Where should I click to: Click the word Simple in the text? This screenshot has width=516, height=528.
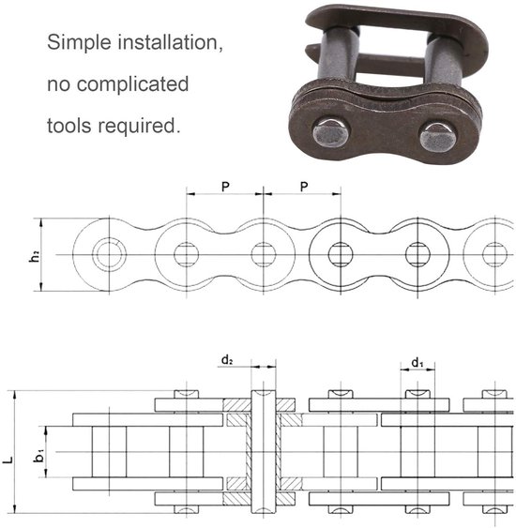coord(79,43)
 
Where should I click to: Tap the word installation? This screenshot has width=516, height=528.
coord(169,43)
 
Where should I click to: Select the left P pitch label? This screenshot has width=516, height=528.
coord(225,187)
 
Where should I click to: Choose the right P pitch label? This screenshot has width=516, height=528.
coord(303,187)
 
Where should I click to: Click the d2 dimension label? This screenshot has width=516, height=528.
coord(227,360)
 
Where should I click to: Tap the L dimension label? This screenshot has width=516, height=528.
coord(8,460)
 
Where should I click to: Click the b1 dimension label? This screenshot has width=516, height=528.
coord(38,454)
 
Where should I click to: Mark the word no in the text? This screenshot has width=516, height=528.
coord(59,84)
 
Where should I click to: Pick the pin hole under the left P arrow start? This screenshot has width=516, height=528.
coord(187,253)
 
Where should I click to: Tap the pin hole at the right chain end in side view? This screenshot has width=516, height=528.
coord(494,253)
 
